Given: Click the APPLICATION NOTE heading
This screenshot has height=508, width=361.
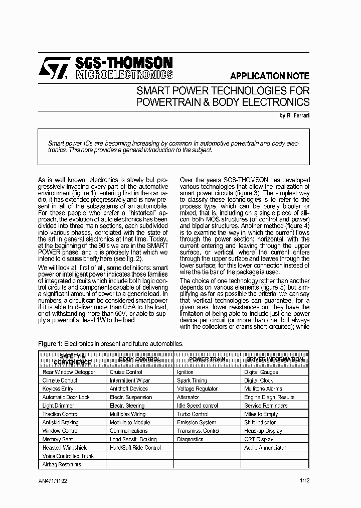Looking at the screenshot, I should (269, 76).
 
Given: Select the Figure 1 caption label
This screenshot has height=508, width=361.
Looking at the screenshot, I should (50, 343).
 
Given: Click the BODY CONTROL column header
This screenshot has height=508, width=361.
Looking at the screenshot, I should (139, 359).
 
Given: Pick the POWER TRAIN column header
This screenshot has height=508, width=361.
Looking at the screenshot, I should (207, 359).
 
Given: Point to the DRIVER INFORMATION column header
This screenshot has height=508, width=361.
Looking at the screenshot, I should (274, 359).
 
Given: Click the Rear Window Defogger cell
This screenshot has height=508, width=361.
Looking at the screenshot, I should (69, 372).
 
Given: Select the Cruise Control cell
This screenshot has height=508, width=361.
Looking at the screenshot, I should (126, 372).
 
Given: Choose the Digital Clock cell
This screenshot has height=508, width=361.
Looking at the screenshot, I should (258, 380).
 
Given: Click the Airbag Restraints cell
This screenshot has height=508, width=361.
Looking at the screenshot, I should (62, 464).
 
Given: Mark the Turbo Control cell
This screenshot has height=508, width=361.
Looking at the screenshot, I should (193, 414).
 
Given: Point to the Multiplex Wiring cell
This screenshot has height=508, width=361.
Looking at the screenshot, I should (127, 414).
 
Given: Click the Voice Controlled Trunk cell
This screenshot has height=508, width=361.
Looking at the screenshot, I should (68, 456).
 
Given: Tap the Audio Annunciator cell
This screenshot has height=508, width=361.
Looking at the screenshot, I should (265, 447).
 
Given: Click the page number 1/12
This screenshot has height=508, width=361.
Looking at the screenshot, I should (304, 481).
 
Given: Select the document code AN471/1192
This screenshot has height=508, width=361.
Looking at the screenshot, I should (53, 481).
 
